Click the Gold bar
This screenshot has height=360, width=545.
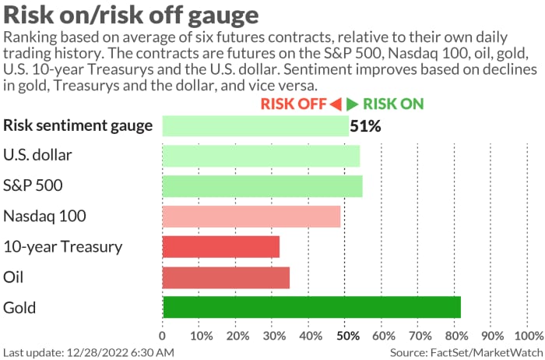point(311,307)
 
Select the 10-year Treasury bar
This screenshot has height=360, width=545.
point(220,246)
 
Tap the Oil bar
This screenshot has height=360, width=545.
point(226,277)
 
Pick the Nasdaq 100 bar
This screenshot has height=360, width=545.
point(251,216)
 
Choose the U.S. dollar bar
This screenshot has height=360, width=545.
point(261,155)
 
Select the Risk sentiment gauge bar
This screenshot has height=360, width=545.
point(255,125)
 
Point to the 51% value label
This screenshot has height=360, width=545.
point(365,125)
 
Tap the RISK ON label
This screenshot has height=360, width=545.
point(393,104)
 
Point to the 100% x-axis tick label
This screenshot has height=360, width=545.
point(529,336)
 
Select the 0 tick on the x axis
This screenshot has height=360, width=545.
point(162,336)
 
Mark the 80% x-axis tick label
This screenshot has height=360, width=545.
point(456,336)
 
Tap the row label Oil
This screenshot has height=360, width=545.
point(13,277)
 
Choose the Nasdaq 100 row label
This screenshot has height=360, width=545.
point(44,216)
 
